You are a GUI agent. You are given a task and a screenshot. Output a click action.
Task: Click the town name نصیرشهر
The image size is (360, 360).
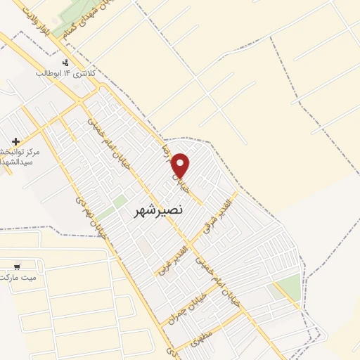tap(157, 210)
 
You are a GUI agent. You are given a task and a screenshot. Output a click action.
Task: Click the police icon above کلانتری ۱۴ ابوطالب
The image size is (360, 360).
tap(67, 62)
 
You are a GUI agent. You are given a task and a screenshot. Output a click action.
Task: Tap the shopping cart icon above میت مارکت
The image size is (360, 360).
tap(16, 266)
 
